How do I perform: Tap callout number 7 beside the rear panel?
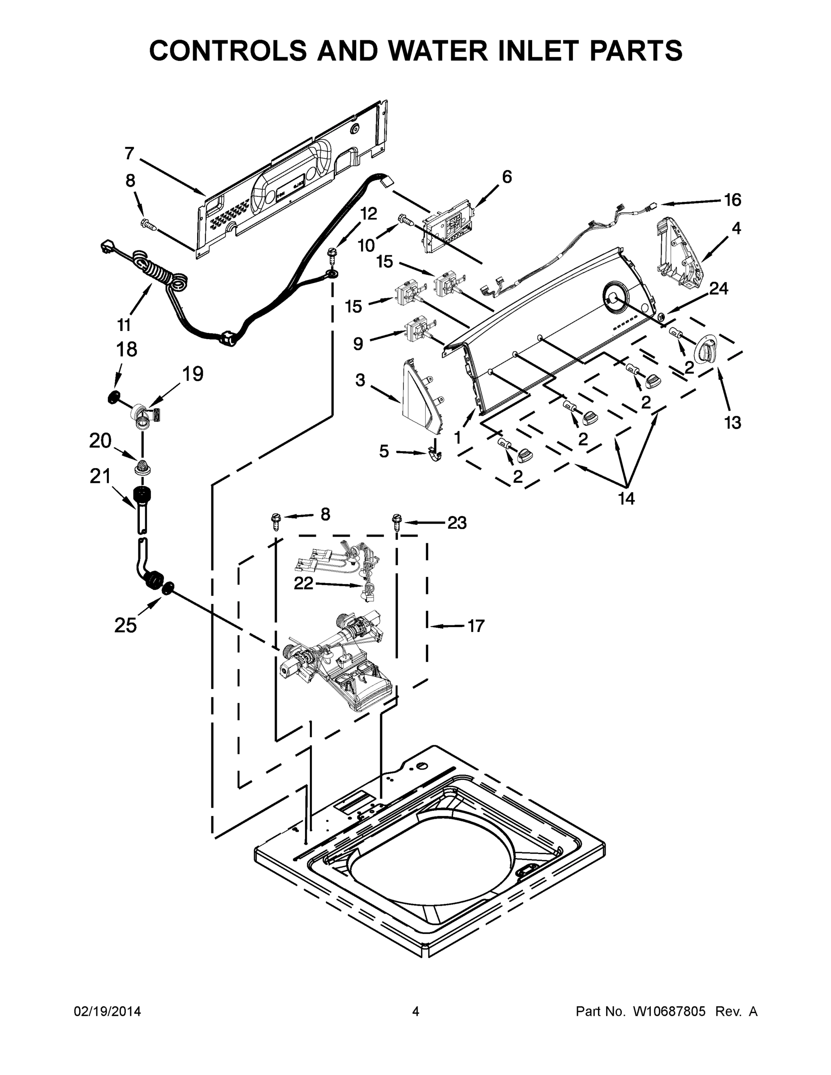click(x=129, y=154)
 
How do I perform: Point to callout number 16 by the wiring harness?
click(x=732, y=200)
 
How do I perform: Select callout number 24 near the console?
click(x=718, y=288)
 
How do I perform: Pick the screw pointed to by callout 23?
click(x=397, y=522)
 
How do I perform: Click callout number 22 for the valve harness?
click(x=303, y=583)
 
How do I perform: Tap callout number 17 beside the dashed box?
click(x=476, y=626)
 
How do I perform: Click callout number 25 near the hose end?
click(x=125, y=625)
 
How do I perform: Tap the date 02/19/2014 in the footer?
click(x=108, y=1011)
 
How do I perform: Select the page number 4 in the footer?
click(x=416, y=1011)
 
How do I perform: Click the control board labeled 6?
click(x=448, y=225)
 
